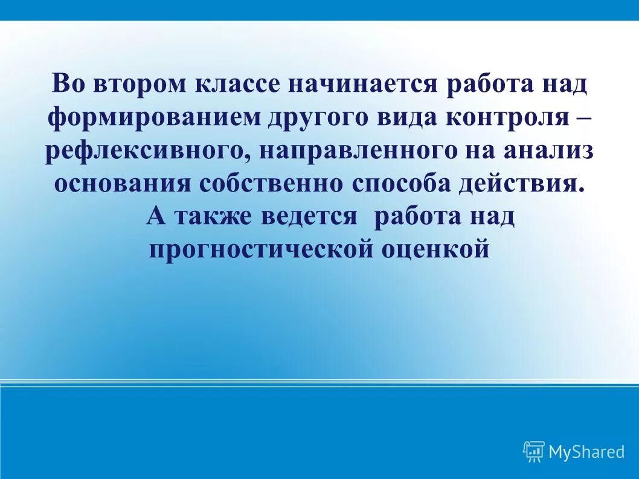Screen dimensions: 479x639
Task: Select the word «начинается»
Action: pos(363,84)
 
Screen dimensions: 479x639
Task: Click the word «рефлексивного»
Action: pos(144,150)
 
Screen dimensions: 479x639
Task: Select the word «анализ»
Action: pos(550,150)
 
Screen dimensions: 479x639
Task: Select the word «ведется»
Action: pos(309,216)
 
